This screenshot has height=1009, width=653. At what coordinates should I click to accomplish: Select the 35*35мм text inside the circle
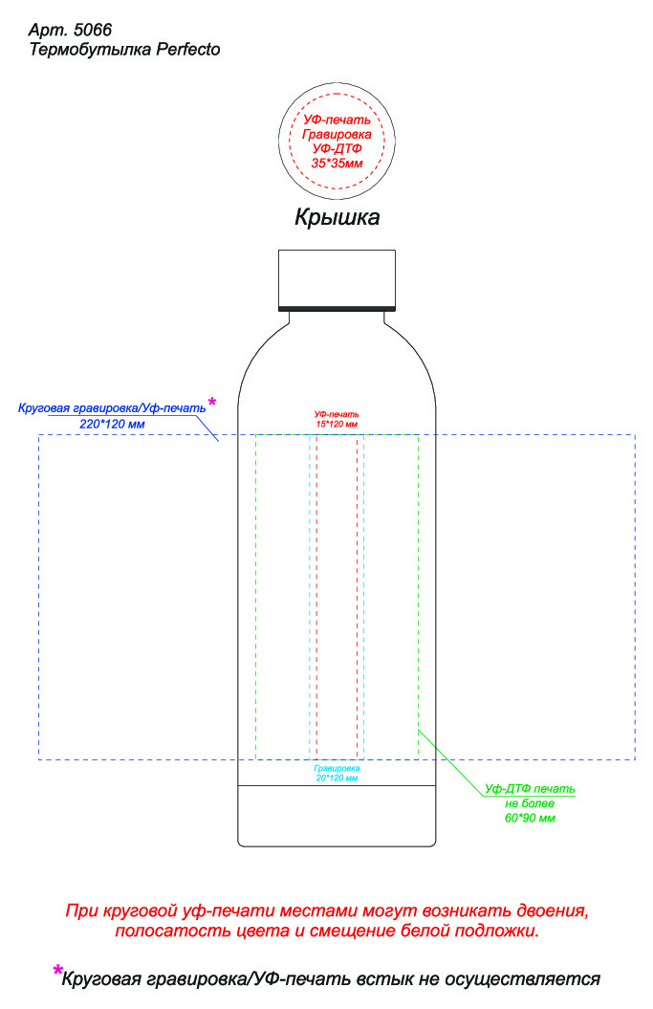337,165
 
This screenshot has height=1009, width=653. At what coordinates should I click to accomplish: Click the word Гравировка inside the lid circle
337,135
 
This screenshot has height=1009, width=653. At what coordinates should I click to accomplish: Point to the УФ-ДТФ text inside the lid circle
337,150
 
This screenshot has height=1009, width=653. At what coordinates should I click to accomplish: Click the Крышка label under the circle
337,218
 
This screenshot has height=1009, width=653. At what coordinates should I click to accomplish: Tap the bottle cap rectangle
337,277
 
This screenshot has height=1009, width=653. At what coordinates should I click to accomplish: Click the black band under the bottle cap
337,308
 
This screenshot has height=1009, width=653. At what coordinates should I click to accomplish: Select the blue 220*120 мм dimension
112,424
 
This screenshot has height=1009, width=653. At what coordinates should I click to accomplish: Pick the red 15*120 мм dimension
337,424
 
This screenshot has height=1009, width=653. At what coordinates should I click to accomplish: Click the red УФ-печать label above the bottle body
337,413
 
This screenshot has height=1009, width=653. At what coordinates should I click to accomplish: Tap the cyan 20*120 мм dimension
337,779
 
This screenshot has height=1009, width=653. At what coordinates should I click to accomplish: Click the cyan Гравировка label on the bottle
337,769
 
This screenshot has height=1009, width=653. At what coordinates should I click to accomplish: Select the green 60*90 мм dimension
531,819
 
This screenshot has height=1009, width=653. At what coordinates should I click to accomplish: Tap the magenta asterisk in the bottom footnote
58,970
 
